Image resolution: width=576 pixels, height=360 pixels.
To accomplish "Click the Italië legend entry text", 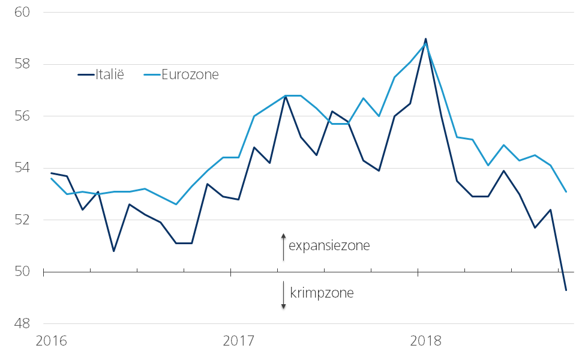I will click(x=110, y=75).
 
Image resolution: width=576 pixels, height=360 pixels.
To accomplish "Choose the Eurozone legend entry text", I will click(x=190, y=75).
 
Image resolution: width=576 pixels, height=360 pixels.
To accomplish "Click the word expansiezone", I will click(x=329, y=246).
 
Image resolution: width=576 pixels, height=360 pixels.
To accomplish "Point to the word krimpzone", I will click(x=322, y=293).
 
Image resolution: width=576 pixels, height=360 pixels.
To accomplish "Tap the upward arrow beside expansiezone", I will click(x=284, y=246).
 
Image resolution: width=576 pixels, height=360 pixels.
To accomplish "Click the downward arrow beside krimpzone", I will click(x=284, y=296).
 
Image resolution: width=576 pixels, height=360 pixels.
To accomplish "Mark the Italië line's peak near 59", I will click(x=425, y=39).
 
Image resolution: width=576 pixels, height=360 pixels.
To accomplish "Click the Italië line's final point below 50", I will click(x=566, y=290).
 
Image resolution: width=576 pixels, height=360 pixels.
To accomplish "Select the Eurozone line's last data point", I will click(x=566, y=192).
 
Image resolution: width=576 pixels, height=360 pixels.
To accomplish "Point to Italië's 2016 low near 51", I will click(x=113, y=251).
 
